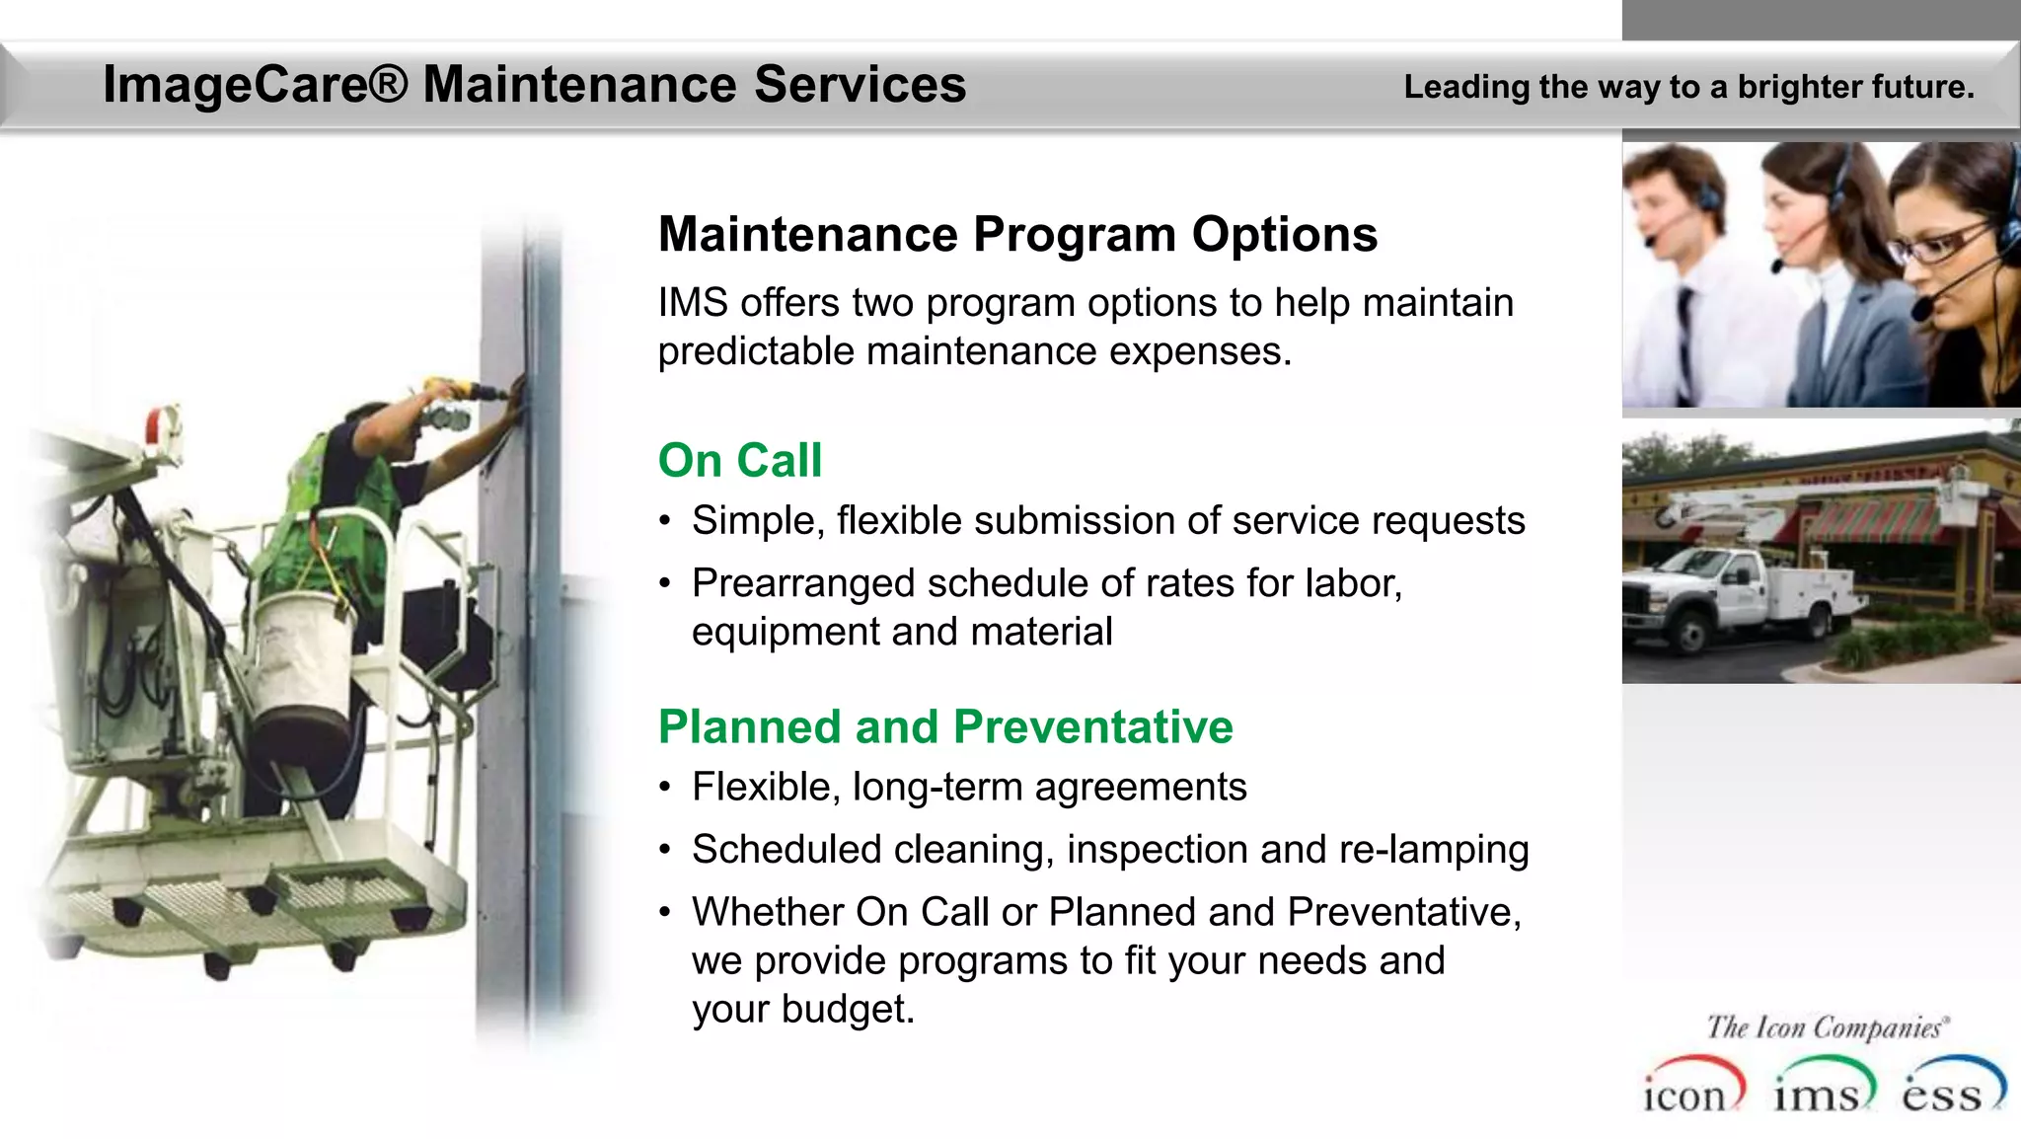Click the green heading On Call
(x=739, y=461)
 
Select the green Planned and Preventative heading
(x=945, y=727)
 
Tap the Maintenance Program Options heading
(x=1017, y=235)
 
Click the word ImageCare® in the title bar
(x=255, y=85)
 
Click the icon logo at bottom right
(x=1689, y=1089)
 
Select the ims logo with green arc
(x=1821, y=1089)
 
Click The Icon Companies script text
(x=1826, y=1027)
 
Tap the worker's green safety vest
(x=336, y=513)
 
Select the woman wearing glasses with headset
(x=1949, y=266)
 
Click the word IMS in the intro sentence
(x=693, y=303)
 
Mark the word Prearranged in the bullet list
(x=803, y=584)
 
